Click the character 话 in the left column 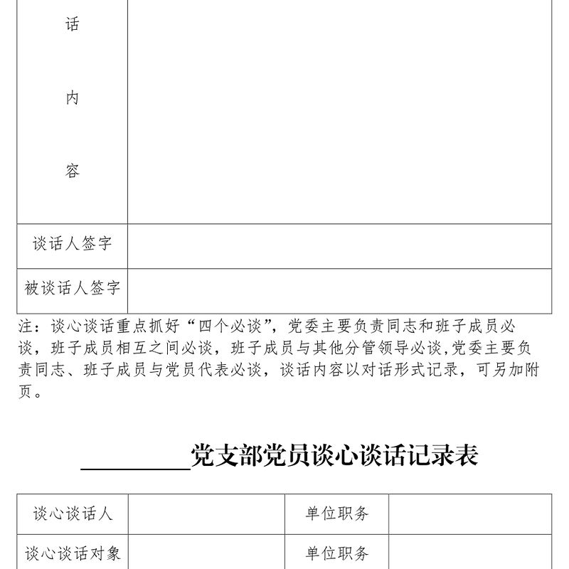(72, 25)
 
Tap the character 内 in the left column (72, 98)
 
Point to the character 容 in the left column (72, 171)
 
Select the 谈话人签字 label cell (72, 244)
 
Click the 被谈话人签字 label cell (72, 288)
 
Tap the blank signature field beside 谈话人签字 (339, 246)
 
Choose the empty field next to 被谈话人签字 (339, 291)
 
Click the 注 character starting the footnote (26, 326)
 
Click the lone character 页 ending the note (26, 391)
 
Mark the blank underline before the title (135, 459)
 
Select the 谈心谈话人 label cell (72, 514)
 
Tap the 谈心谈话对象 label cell (72, 553)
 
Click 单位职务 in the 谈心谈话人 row (337, 514)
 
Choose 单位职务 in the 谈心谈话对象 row (337, 553)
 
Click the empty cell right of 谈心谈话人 (206, 514)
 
